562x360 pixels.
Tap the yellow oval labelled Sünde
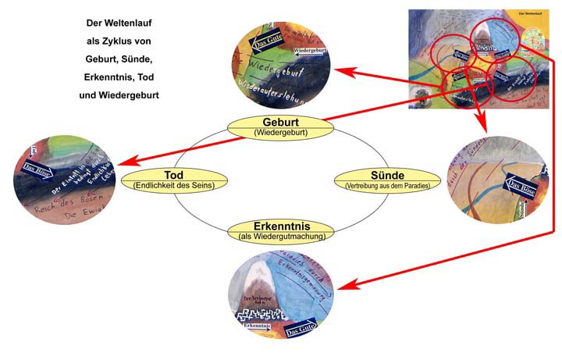[382, 179]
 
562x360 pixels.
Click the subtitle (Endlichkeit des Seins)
[173, 185]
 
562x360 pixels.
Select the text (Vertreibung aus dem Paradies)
[382, 186]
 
